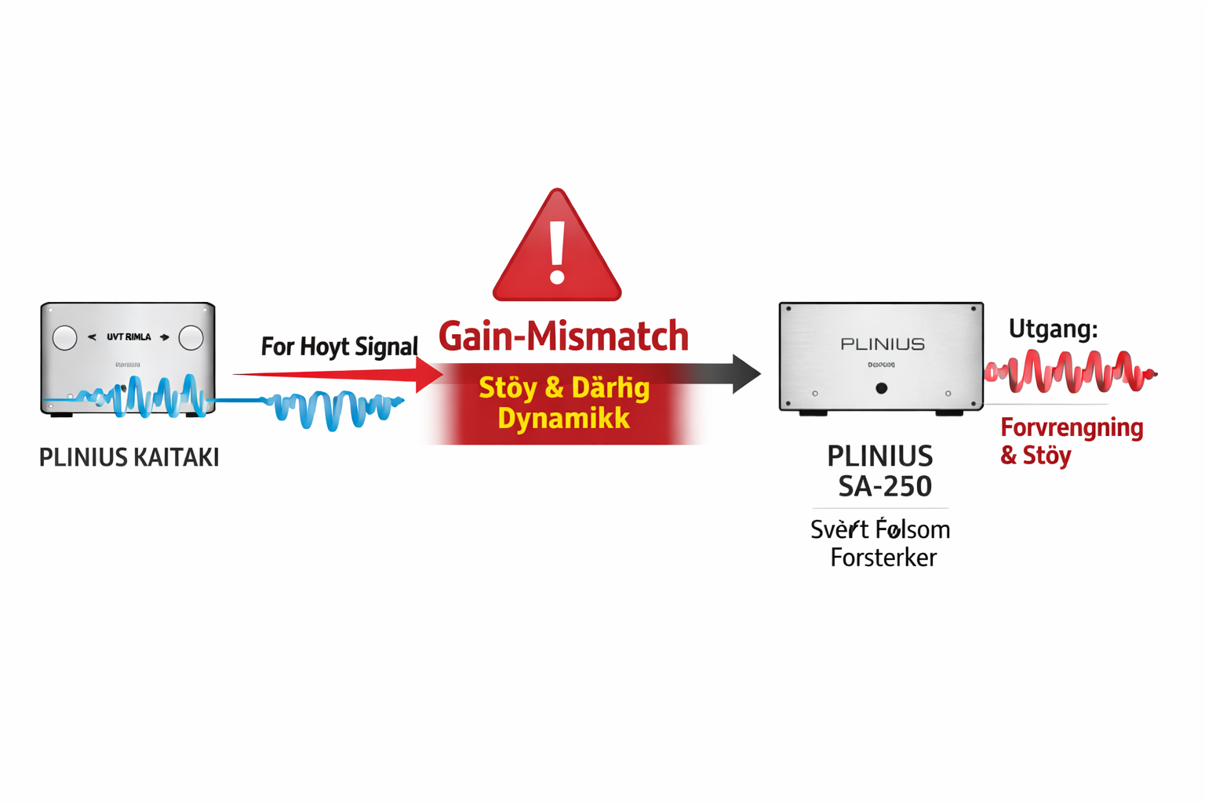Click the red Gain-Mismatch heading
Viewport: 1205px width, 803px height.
click(x=563, y=336)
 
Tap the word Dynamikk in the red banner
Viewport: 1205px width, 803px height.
click(x=563, y=419)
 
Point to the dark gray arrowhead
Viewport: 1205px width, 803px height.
click(x=745, y=374)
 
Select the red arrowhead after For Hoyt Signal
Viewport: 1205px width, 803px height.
click(x=428, y=375)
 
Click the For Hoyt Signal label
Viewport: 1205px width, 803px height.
click(x=339, y=346)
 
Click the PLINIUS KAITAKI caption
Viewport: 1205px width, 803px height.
click(x=129, y=457)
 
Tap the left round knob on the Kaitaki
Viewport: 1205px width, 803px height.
click(x=65, y=338)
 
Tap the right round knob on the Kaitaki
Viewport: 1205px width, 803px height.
click(x=191, y=338)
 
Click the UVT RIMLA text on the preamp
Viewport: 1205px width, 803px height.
click(x=129, y=337)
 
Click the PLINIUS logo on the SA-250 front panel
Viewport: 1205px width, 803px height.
click(x=883, y=344)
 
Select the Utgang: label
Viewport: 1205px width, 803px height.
click(x=1053, y=329)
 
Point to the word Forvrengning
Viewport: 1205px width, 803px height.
click(x=1072, y=428)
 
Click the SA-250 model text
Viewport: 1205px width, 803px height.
click(x=885, y=487)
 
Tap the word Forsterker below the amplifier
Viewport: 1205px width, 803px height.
click(x=883, y=558)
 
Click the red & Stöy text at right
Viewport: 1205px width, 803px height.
click(x=1036, y=456)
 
